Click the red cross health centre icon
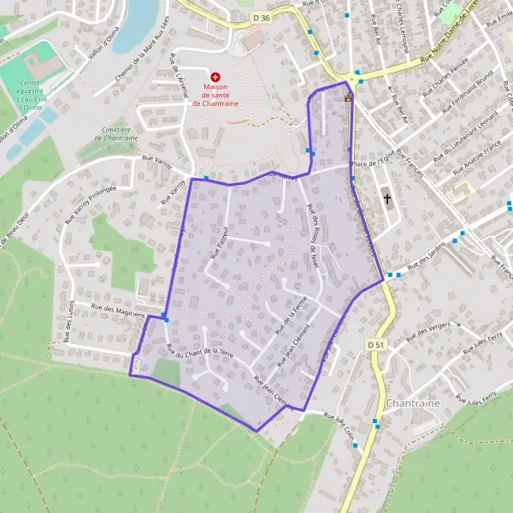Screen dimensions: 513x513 click(215, 77)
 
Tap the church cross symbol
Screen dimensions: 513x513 click(387, 198)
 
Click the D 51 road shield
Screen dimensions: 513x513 click(373, 344)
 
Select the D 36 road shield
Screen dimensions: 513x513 click(262, 16)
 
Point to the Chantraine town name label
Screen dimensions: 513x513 click(413, 402)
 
